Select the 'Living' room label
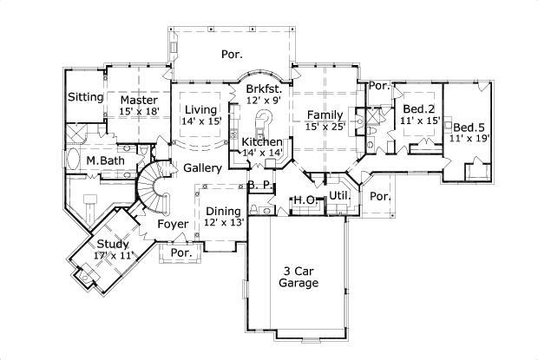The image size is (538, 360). [x=201, y=109]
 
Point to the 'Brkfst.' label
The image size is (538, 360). [x=263, y=88]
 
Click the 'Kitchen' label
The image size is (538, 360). [x=262, y=141]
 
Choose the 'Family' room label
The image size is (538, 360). [x=325, y=115]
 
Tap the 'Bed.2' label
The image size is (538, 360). [x=419, y=108]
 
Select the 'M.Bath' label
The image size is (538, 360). [x=104, y=161]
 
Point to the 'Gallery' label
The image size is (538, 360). [x=201, y=167]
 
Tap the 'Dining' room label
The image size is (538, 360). [x=224, y=211]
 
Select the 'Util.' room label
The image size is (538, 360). [x=339, y=196]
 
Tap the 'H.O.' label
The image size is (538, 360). [x=303, y=201]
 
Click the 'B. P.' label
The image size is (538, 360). [x=260, y=185]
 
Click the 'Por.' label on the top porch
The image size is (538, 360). [x=232, y=54]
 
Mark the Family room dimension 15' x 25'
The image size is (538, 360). [x=325, y=127]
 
